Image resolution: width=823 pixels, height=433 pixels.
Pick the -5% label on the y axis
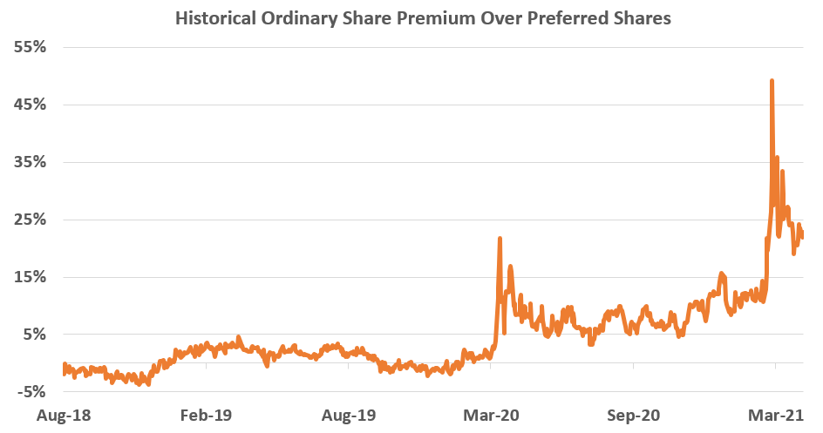[30, 392]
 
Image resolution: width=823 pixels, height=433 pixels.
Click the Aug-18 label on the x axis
[64, 415]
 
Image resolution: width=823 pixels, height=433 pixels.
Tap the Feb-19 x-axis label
[207, 415]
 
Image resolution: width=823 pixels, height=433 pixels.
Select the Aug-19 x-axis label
[350, 415]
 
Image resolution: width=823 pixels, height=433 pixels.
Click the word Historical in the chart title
[216, 18]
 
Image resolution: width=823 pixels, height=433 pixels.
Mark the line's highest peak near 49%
[772, 81]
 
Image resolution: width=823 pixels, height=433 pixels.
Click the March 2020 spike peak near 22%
[500, 238]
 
